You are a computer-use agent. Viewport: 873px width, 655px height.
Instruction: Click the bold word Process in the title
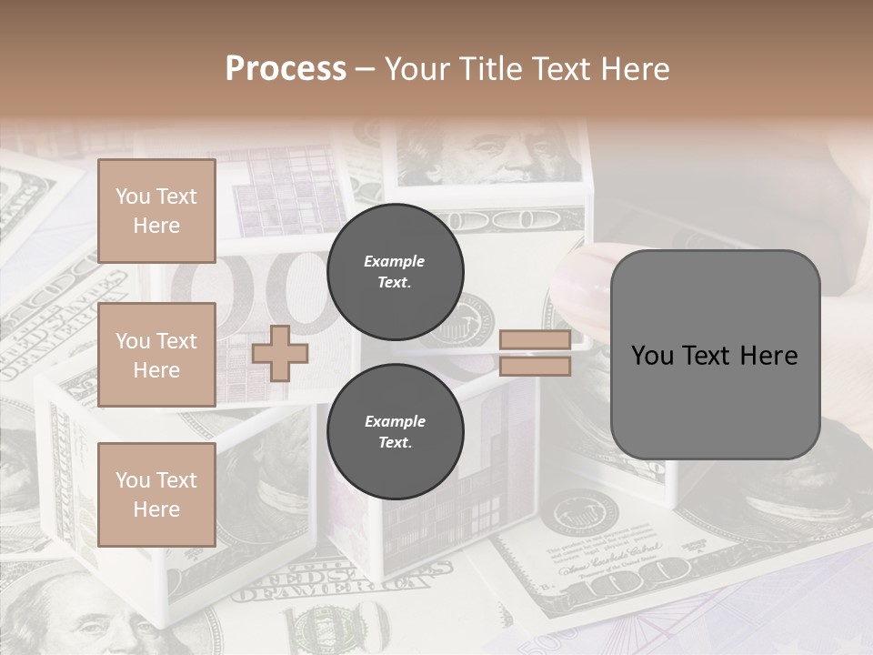coord(286,68)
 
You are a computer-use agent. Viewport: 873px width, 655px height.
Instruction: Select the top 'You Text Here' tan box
coord(156,211)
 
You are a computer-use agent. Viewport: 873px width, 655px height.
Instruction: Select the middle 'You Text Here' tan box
coord(156,355)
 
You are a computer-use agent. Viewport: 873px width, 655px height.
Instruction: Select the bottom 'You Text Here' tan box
coord(156,495)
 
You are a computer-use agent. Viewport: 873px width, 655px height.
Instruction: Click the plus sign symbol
coord(280,353)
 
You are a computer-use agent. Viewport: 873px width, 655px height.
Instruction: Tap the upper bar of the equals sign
coord(535,340)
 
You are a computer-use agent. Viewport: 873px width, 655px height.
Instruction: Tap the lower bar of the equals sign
coord(535,367)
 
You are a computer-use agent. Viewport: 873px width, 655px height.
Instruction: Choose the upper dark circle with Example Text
coord(395,272)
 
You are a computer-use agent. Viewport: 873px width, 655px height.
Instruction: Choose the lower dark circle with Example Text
coord(395,432)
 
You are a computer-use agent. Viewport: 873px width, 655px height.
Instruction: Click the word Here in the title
coord(632,68)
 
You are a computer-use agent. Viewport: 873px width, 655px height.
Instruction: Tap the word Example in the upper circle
coord(395,261)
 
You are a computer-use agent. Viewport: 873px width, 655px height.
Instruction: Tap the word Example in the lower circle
coord(395,421)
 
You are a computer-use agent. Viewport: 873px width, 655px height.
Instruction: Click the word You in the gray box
coord(652,356)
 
